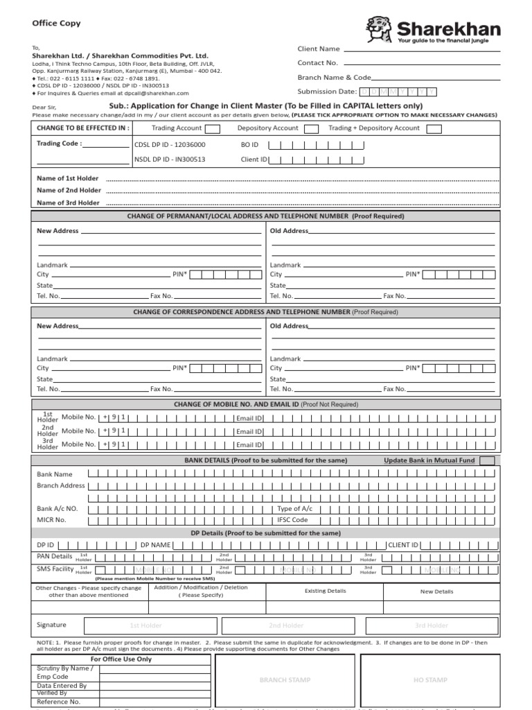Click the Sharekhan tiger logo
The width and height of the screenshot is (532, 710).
(x=380, y=30)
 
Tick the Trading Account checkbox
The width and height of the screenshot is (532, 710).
(x=213, y=128)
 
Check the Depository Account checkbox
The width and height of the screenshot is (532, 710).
(x=311, y=128)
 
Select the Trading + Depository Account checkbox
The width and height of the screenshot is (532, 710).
(x=434, y=128)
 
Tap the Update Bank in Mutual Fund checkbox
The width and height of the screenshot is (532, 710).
(x=487, y=461)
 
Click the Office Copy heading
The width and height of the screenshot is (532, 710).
(x=56, y=23)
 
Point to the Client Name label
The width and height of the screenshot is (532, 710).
(x=319, y=49)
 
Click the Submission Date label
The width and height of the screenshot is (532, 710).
(x=327, y=92)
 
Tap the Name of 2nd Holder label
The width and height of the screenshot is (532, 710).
(x=68, y=190)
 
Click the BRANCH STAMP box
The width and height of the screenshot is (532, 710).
(x=285, y=680)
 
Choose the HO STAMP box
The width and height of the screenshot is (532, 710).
(x=430, y=680)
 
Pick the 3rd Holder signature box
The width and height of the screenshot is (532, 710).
(x=431, y=625)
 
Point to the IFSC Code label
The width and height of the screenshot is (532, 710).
(x=292, y=519)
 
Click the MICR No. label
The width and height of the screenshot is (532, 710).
(x=51, y=519)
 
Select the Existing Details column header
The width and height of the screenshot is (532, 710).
(x=326, y=591)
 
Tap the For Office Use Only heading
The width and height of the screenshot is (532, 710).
(x=121, y=659)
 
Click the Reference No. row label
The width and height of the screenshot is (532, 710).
(x=59, y=702)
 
